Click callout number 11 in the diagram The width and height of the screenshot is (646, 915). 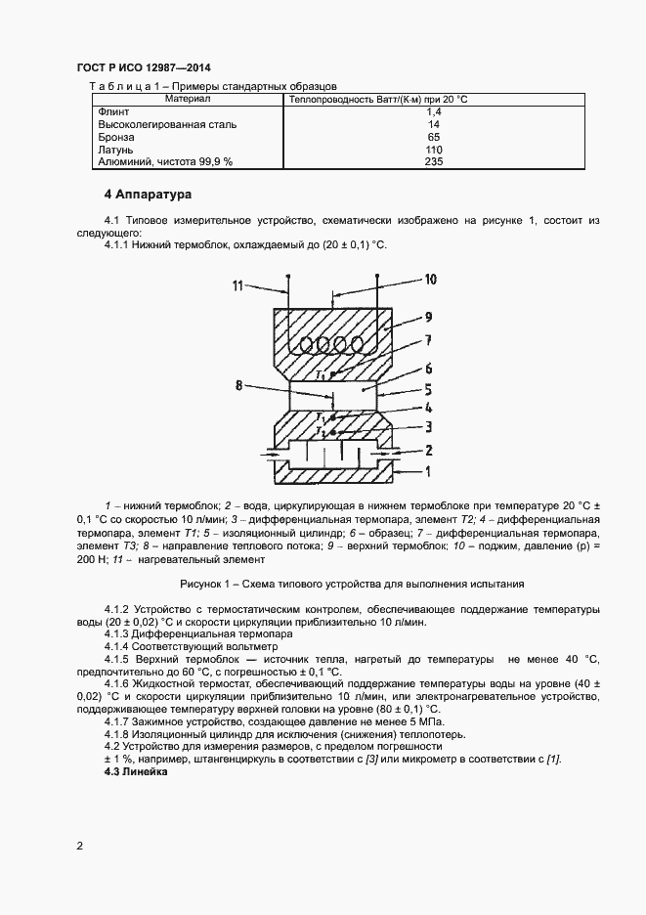237,285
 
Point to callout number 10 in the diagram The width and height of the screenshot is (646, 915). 429,280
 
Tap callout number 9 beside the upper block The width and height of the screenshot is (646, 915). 428,317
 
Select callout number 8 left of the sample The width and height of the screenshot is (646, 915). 238,385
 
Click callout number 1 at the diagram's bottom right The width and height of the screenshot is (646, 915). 428,470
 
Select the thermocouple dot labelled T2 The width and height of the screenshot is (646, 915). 334,431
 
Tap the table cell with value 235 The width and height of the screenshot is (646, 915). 434,162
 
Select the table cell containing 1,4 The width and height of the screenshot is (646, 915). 434,112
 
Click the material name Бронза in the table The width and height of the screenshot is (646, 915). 116,138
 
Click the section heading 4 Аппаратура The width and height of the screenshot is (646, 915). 148,195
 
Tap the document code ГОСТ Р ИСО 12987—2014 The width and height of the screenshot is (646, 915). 143,67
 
